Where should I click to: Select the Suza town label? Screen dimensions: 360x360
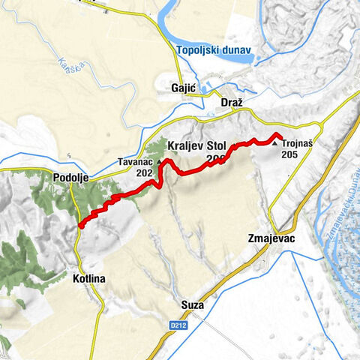click(x=193, y=305)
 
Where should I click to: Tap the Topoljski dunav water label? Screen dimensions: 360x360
click(x=215, y=51)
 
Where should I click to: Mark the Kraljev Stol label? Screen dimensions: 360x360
click(x=196, y=144)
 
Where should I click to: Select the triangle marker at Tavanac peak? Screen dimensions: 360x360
click(x=159, y=160)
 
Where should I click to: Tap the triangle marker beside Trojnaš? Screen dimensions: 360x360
click(x=276, y=143)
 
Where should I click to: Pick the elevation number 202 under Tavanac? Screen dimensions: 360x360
click(x=145, y=172)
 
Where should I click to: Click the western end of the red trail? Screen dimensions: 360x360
click(x=79, y=223)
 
